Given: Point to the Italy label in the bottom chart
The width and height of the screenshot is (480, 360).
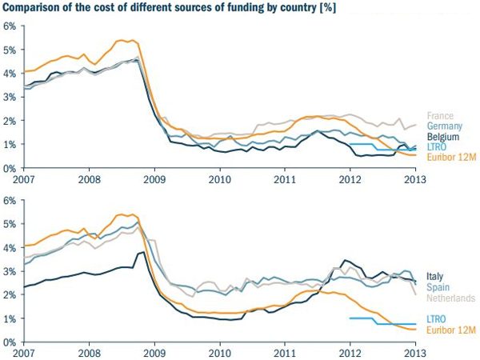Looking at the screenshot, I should (x=435, y=277).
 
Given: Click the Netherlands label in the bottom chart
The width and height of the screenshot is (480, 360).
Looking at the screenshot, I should (x=450, y=298).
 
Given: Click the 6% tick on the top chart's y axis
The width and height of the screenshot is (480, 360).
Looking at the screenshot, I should (x=10, y=26).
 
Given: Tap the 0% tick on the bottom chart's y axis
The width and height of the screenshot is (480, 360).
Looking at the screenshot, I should (x=10, y=342).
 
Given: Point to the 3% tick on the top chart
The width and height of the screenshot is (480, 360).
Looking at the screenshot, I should (x=10, y=97).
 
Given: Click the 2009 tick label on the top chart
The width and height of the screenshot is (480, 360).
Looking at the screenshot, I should (x=154, y=178).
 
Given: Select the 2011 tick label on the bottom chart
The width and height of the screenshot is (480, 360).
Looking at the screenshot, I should (x=286, y=352).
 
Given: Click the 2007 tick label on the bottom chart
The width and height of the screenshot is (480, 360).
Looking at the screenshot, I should (x=24, y=352).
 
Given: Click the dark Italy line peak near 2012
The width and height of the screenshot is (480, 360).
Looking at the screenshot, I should (x=345, y=260).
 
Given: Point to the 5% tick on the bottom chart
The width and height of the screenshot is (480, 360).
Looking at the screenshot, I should (x=10, y=224).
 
